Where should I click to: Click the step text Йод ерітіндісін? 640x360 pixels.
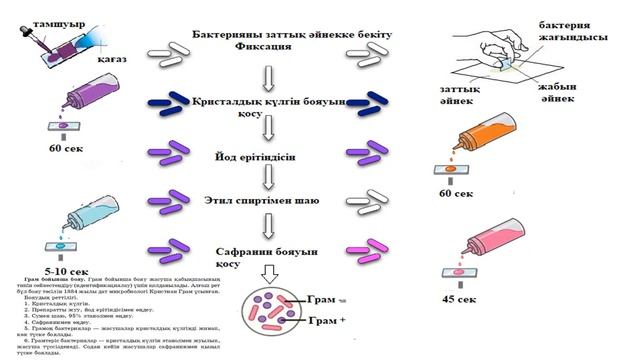(x=263, y=157)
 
